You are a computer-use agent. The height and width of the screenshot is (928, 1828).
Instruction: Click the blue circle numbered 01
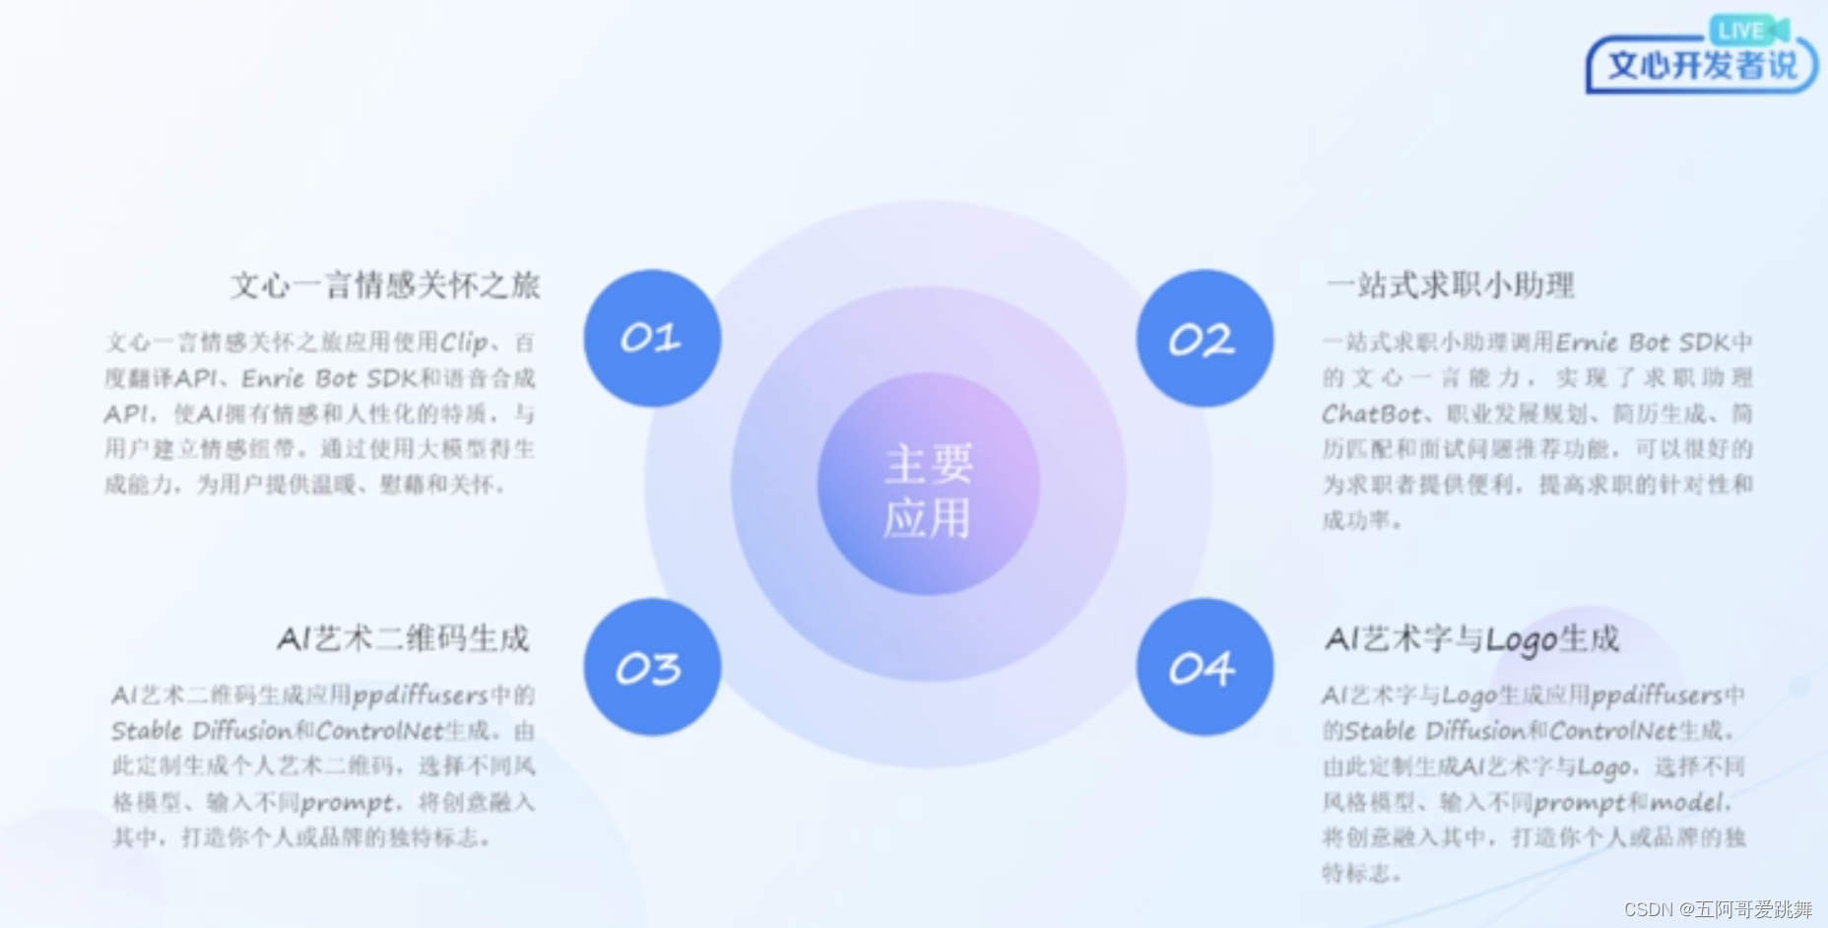[x=652, y=338]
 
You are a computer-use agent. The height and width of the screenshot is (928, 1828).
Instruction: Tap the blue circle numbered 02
[x=1204, y=338]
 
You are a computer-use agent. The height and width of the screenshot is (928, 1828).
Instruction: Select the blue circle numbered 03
[x=652, y=667]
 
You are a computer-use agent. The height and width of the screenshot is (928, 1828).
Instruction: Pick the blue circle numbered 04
[x=1204, y=667]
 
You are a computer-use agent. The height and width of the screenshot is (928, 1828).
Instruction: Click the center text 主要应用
[x=928, y=491]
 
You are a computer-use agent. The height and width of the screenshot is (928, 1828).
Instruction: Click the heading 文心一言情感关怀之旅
[x=385, y=286]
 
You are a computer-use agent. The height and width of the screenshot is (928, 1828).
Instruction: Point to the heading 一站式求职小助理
[x=1450, y=286]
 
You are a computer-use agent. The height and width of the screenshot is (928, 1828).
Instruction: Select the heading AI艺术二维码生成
[x=403, y=638]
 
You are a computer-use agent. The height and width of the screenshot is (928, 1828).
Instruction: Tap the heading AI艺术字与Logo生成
[x=1471, y=638]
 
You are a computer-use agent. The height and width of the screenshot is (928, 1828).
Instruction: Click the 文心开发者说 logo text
[x=1702, y=66]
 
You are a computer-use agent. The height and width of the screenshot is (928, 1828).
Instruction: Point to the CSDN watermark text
[x=1718, y=908]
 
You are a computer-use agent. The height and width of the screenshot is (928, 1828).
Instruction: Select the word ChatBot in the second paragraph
[x=1371, y=414]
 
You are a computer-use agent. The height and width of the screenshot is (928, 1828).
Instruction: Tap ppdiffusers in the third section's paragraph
[x=420, y=696]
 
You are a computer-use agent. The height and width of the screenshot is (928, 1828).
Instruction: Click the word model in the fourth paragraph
[x=1687, y=802]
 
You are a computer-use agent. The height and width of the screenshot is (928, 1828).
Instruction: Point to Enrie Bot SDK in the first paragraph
[x=319, y=378]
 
